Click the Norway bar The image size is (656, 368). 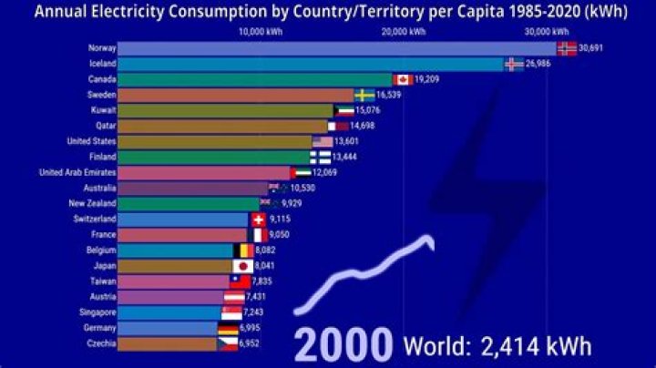point(337,47)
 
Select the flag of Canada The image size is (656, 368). point(402,79)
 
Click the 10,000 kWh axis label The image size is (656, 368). point(258,30)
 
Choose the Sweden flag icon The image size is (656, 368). point(364,94)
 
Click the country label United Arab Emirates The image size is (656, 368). point(77,172)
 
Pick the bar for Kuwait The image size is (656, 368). point(226,110)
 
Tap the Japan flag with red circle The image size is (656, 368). point(242,266)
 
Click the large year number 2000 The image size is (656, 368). point(343,346)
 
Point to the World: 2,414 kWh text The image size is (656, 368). point(497,346)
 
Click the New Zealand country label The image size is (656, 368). point(91,203)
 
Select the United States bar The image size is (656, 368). point(215,141)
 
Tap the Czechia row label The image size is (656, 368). point(100,343)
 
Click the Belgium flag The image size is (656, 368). point(244,250)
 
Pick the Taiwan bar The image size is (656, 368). point(173,281)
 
